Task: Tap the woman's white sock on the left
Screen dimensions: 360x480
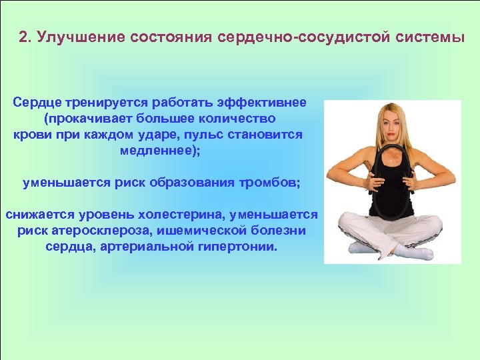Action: (x=361, y=248)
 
